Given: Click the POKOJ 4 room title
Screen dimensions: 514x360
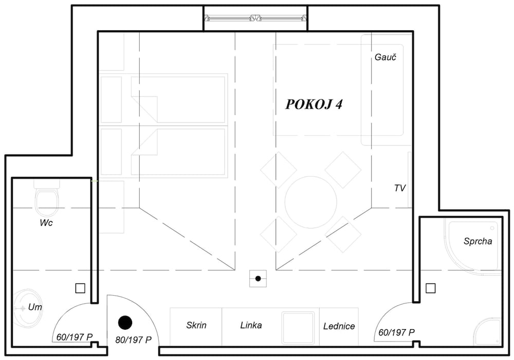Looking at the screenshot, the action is (314, 104).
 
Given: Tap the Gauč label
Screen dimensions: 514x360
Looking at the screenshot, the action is (385, 57).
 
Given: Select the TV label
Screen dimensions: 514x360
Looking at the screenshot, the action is (400, 188).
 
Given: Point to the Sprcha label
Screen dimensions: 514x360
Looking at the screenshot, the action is (478, 241).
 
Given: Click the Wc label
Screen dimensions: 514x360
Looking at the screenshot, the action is (46, 223).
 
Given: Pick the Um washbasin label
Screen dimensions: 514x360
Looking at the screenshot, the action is (35, 307).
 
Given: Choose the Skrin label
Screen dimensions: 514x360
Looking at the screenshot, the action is (196, 325).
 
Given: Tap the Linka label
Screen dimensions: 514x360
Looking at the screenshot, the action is (251, 325).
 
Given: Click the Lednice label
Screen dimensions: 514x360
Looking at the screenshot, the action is (339, 326).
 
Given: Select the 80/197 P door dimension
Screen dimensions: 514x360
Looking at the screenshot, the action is (134, 340).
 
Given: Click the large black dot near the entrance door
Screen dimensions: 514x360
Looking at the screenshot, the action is (125, 322).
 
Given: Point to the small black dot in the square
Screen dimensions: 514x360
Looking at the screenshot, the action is (258, 279).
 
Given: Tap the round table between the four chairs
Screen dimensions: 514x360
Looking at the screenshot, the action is (311, 202).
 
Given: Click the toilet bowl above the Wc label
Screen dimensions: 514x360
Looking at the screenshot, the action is (47, 199).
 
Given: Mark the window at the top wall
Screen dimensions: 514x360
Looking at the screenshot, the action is (255, 19).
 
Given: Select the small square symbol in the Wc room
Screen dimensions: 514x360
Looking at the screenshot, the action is (80, 288).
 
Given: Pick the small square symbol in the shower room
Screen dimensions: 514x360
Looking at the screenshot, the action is (430, 288).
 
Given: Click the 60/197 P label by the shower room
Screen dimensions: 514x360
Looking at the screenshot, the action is (396, 332).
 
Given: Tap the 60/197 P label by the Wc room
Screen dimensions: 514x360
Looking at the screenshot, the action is (75, 337).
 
